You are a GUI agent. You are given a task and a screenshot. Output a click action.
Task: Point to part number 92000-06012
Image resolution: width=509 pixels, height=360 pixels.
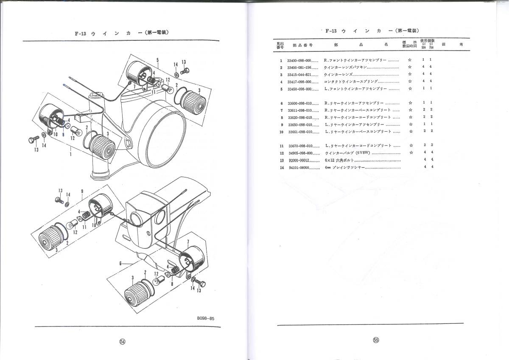pyautogui.click(x=298, y=160)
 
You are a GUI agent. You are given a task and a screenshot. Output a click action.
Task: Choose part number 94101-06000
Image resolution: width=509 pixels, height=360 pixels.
pyautogui.click(x=298, y=168)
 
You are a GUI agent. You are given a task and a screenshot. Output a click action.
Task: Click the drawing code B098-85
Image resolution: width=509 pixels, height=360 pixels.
pyautogui.click(x=208, y=317)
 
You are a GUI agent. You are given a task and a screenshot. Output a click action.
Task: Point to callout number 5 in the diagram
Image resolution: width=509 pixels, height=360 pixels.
pyautogui.click(x=157, y=60)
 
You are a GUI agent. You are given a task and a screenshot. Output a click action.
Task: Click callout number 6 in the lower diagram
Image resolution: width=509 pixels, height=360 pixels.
pyautogui.click(x=121, y=263)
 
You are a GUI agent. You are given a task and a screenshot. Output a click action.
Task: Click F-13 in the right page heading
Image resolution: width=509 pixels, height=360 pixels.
pyautogui.click(x=331, y=31)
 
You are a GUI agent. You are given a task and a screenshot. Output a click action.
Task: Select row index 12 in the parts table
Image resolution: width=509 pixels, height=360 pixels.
pyautogui.click(x=281, y=153)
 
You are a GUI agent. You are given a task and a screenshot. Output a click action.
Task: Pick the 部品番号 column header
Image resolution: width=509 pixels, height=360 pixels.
pyautogui.click(x=302, y=44)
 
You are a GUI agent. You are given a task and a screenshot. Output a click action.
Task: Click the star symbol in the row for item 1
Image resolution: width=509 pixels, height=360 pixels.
pyautogui.click(x=409, y=60)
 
